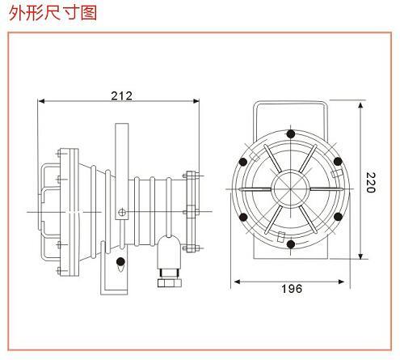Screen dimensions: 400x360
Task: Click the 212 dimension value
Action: pyautogui.click(x=122, y=95)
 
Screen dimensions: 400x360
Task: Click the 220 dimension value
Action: pyautogui.click(x=371, y=183)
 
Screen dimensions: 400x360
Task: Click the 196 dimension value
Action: pyautogui.click(x=292, y=289)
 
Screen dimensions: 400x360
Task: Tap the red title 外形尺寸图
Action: pyautogui.click(x=53, y=13)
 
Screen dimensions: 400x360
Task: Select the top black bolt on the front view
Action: pyautogui.click(x=290, y=133)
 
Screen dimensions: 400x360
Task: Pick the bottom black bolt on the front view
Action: pyautogui.click(x=291, y=244)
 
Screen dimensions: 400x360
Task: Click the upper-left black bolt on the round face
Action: pyautogui.click(x=243, y=162)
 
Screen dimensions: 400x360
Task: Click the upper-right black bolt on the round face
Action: pyautogui.click(x=338, y=162)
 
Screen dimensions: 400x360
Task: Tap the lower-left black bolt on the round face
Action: pyautogui.click(x=243, y=217)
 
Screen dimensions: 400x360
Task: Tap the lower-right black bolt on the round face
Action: pyautogui.click(x=338, y=216)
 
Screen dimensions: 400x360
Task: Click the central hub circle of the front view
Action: pyautogui.click(x=290, y=187)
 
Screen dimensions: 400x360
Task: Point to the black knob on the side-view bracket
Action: pyautogui.click(x=120, y=261)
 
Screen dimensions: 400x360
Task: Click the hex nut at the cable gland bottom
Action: pyautogui.click(x=169, y=283)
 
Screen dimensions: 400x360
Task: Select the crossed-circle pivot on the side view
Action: pyautogui.click(x=122, y=212)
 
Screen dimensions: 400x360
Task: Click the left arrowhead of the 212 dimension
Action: pyautogui.click(x=41, y=101)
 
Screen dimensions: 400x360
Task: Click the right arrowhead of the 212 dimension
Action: pyautogui.click(x=196, y=101)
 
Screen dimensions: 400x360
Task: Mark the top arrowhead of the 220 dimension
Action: pyautogui.click(x=360, y=105)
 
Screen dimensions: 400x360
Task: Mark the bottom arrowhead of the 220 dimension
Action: pyautogui.click(x=360, y=256)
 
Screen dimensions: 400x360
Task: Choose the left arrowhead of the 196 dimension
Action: pyautogui.click(x=237, y=282)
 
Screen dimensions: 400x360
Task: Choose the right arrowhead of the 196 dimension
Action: pyautogui.click(x=341, y=282)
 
